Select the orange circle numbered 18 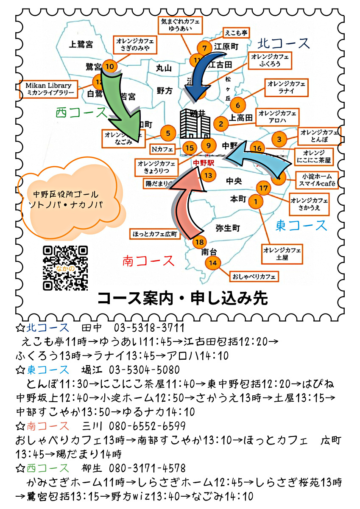pyautogui.click(x=199, y=242)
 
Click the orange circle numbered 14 pyautogui.click(x=213, y=263)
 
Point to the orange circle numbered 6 pyautogui.click(x=237, y=105)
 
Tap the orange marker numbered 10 pyautogui.click(x=110, y=67)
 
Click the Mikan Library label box pyautogui.click(x=49, y=89)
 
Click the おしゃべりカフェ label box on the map pyautogui.click(x=254, y=277)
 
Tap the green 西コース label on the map pyautogui.click(x=81, y=113)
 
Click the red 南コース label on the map pyautogui.click(x=148, y=260)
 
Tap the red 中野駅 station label pyautogui.click(x=204, y=162)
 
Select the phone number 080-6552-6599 pyautogui.click(x=147, y=426)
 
